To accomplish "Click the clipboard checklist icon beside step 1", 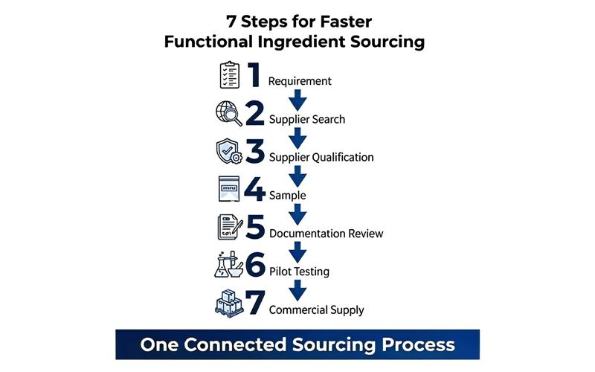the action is click(230, 75).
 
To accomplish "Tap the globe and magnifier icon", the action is click(229, 113).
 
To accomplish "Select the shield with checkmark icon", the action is click(229, 151).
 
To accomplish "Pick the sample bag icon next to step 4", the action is click(229, 189).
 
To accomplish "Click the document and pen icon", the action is click(230, 227).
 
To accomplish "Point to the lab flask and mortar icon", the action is click(228, 265).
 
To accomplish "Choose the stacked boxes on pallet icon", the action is click(229, 304).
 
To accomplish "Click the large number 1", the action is click(254, 75).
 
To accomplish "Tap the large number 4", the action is click(254, 189).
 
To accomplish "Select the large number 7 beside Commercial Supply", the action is click(255, 303).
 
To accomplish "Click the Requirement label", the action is click(300, 81).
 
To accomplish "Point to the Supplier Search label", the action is click(307, 119).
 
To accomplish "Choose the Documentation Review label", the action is click(327, 233).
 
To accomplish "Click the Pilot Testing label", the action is click(300, 272).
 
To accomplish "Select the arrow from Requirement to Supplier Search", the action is click(297, 100).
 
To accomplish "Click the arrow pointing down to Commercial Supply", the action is click(297, 290).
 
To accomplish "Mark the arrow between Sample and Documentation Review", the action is click(297, 214).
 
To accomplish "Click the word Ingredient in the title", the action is click(301, 42).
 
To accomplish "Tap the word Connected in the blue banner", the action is click(235, 344).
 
